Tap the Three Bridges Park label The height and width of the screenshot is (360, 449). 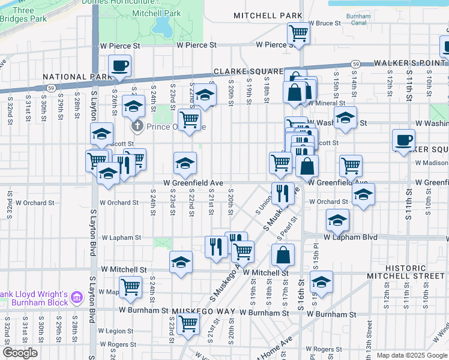tap(23, 14)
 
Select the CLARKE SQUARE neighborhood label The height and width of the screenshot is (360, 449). tap(247, 70)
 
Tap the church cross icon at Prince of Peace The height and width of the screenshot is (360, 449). tap(137, 126)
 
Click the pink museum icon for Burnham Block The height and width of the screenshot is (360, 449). tap(76, 297)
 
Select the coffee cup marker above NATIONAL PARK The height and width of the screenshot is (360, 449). tap(119, 66)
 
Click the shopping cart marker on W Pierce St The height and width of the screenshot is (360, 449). tap(298, 33)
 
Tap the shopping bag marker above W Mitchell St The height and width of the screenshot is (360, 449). tap(283, 254)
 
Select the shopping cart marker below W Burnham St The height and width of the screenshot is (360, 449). tap(188, 324)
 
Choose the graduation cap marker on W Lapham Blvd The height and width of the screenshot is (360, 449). tap(337, 220)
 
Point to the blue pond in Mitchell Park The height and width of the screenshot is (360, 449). tap(161, 25)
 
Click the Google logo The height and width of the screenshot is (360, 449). tap(20, 353)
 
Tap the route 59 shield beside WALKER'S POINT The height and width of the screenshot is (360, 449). tap(356, 64)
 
